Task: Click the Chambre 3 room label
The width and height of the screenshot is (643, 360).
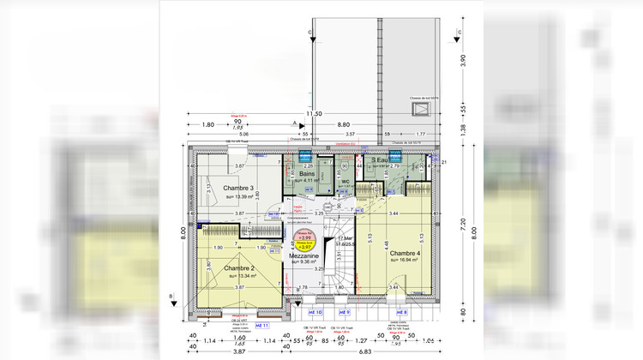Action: click(x=240, y=188)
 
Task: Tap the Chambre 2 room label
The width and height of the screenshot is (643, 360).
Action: click(x=240, y=268)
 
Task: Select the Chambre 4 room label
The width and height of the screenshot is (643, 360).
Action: click(x=406, y=254)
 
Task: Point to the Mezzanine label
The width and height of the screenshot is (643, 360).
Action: click(x=303, y=256)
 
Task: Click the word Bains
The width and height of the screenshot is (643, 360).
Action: click(x=307, y=174)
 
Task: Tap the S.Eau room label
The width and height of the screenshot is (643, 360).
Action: click(x=381, y=160)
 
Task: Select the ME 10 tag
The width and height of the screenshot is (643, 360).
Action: click(x=314, y=312)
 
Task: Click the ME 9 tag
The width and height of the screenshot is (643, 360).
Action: click(x=344, y=312)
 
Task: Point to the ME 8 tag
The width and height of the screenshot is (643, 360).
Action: click(x=401, y=313)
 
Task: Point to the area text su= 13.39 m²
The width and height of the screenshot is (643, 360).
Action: click(x=242, y=196)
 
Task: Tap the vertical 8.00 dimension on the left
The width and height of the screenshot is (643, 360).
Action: click(x=183, y=231)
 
